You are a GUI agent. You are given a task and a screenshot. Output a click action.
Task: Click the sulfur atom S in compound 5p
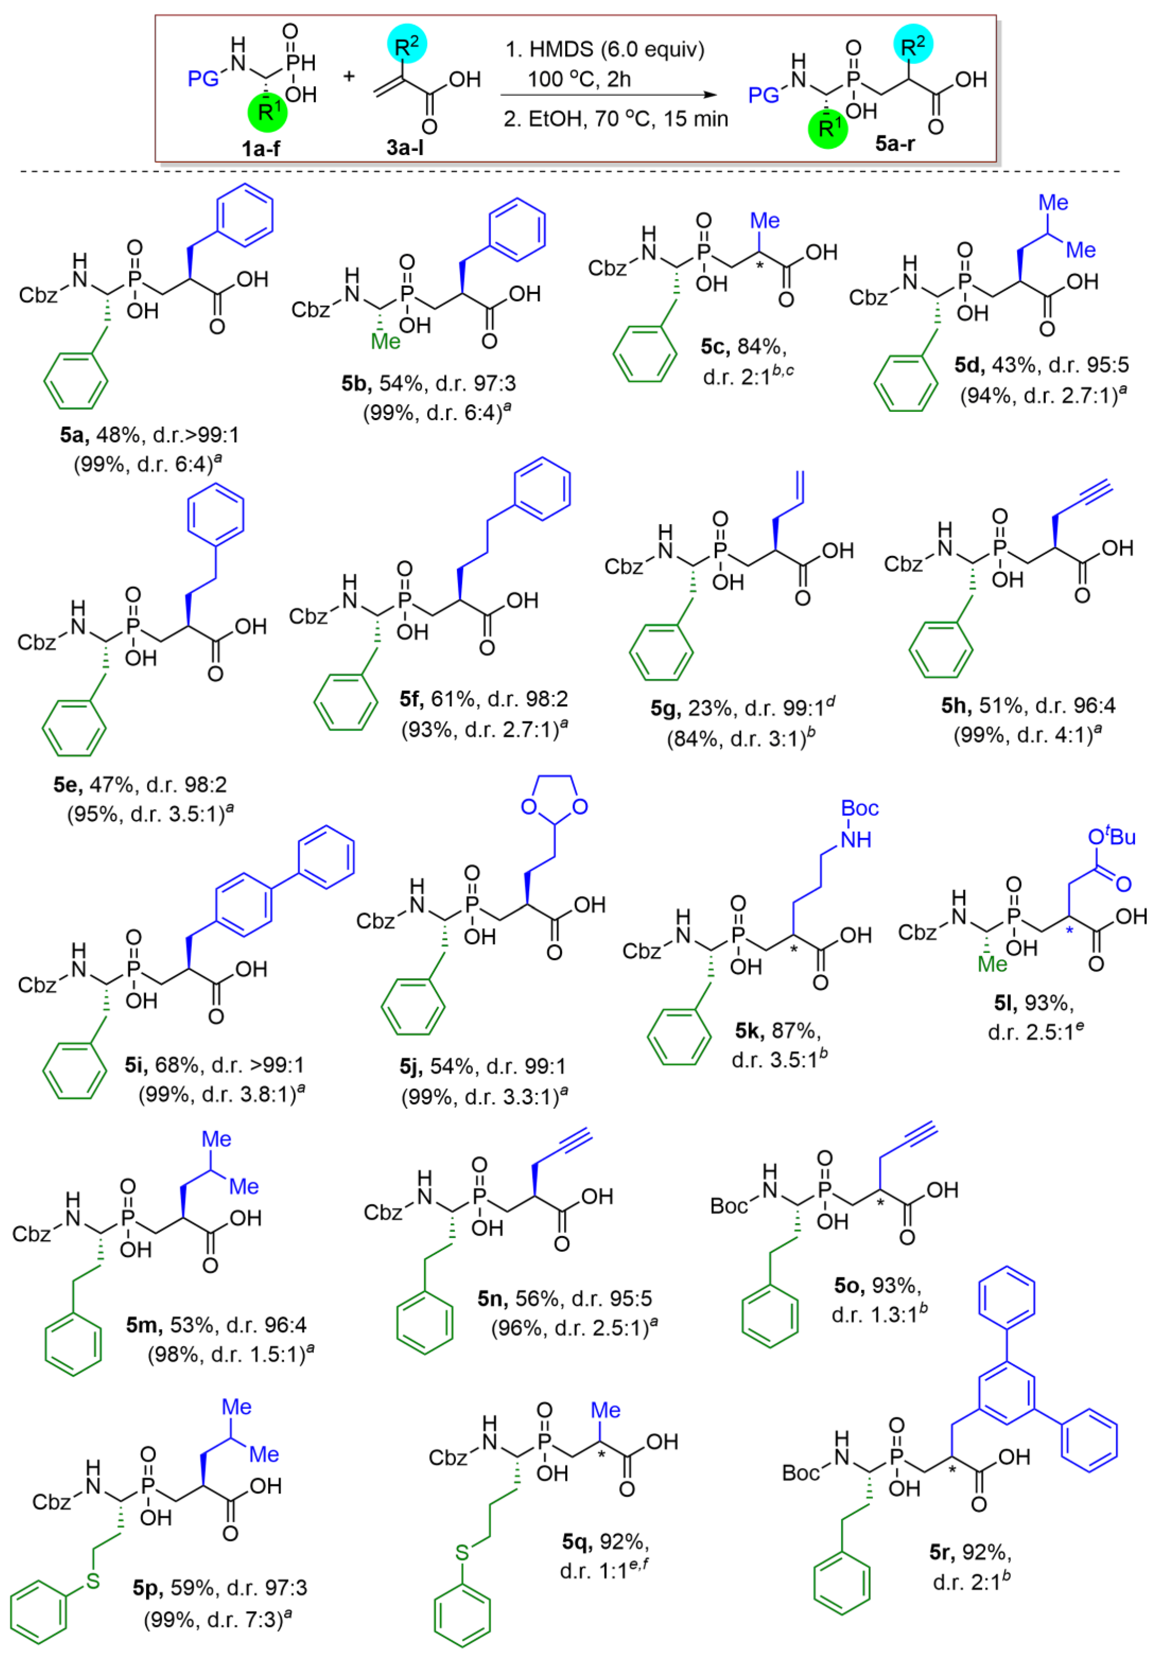tap(93, 1581)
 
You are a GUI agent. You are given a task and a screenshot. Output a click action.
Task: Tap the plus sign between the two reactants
tap(349, 75)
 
